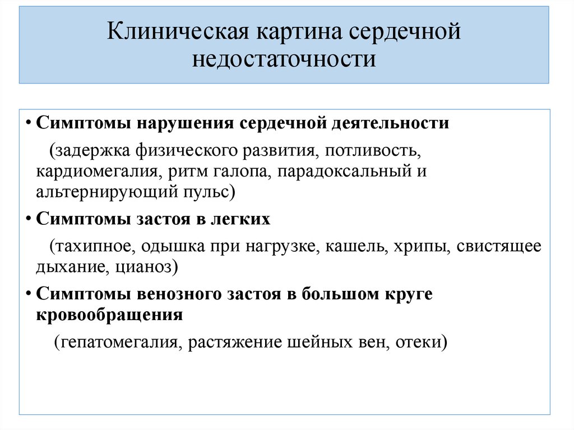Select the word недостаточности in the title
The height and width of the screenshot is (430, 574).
pyautogui.click(x=284, y=58)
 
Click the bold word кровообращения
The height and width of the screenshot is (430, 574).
pyautogui.click(x=110, y=315)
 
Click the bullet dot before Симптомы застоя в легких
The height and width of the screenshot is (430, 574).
pyautogui.click(x=28, y=219)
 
